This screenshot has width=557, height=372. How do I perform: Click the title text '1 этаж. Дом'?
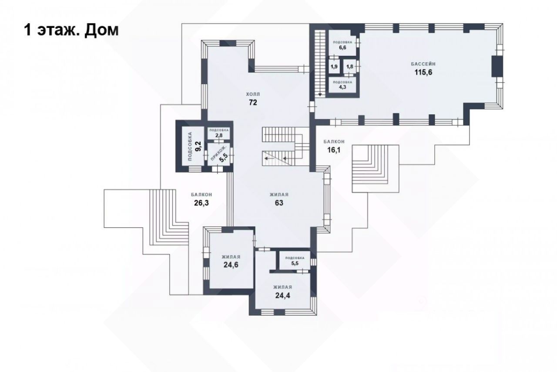(71, 31)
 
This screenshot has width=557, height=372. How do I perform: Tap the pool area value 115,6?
(423, 72)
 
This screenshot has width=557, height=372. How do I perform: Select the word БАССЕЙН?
(423, 64)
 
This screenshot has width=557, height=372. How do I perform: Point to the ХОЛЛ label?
(253, 94)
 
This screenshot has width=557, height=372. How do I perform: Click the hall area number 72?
(253, 102)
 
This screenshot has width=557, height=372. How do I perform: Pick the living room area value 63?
(279, 203)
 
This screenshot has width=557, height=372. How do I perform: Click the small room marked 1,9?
(334, 67)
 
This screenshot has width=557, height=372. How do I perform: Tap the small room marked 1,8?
(349, 67)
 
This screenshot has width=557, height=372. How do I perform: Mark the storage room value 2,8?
(219, 135)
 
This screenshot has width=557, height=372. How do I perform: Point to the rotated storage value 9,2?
(198, 146)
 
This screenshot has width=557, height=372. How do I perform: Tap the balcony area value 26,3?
(201, 203)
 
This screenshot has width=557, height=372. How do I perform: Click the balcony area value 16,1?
(334, 150)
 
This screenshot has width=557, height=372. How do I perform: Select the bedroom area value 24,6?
(231, 265)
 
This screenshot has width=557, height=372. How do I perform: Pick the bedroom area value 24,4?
(282, 296)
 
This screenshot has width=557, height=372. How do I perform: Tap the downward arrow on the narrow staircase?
(320, 95)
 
